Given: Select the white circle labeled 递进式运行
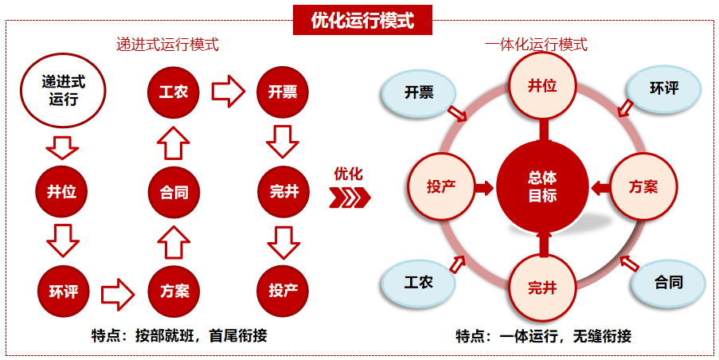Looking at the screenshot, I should tap(63, 90).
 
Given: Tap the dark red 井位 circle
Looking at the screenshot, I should tap(61, 191).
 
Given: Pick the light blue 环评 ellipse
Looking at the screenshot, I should tap(664, 88).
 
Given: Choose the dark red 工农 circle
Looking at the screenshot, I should tap(173, 91).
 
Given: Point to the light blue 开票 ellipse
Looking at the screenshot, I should tap(419, 92).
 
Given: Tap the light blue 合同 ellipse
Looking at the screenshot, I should tap(668, 282).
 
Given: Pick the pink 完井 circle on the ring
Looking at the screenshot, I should tap(542, 288).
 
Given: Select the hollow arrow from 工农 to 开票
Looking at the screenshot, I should tap(228, 91).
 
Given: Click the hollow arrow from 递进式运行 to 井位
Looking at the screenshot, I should tap(62, 147).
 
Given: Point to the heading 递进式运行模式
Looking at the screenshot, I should tap(167, 45).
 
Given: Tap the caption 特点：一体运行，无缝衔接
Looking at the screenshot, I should tap(543, 336).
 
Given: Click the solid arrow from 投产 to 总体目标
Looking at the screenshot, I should tap(483, 188).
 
